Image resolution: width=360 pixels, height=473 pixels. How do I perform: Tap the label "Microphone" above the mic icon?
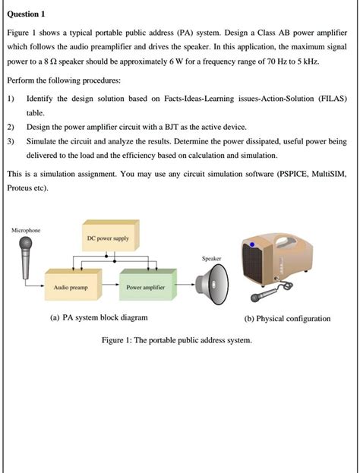click(x=27, y=229)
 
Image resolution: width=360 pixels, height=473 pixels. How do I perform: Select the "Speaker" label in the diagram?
click(x=211, y=259)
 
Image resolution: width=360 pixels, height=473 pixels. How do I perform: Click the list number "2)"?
click(x=10, y=126)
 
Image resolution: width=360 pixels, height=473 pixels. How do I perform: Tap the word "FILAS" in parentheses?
click(x=328, y=99)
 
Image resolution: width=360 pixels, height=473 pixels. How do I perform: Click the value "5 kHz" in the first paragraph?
click(x=305, y=61)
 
